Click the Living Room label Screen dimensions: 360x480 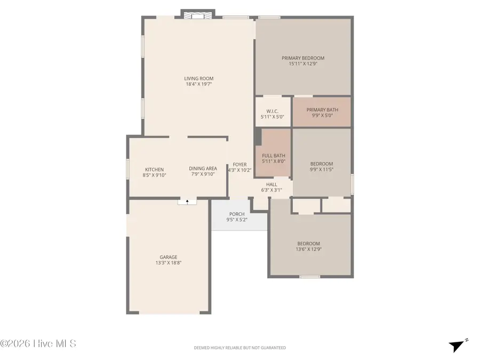(x=199, y=78)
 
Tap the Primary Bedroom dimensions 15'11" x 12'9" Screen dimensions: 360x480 (x=303, y=64)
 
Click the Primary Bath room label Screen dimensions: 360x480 (x=322, y=110)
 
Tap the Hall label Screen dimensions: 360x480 (x=271, y=185)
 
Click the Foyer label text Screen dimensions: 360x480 (x=239, y=165)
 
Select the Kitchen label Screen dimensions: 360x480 (x=154, y=170)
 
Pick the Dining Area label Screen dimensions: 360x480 (x=203, y=169)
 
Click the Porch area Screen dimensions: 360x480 (x=237, y=214)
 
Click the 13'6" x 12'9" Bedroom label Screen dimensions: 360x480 (x=309, y=249)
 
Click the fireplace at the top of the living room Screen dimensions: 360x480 (x=198, y=14)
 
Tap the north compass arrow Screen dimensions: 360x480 (x=457, y=345)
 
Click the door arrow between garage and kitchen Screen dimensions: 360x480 (x=187, y=202)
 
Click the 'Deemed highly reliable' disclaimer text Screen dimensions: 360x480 (x=239, y=348)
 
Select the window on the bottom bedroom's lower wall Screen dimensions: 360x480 (x=309, y=276)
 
